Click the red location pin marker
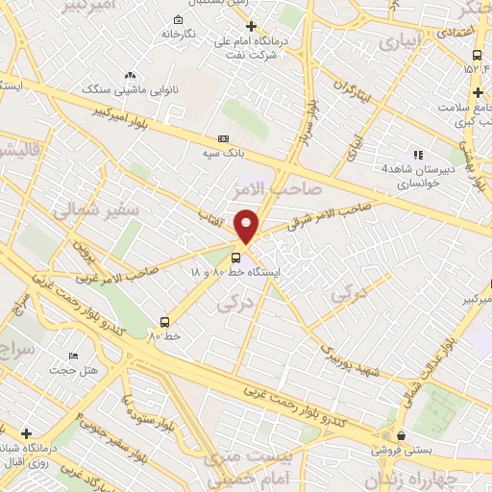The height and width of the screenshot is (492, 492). pos(248,227)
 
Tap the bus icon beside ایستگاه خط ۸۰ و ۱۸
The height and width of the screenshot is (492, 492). pos(235,258)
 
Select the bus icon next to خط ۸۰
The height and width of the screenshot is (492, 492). pos(165,322)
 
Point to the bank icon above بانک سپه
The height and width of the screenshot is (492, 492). pos(223,138)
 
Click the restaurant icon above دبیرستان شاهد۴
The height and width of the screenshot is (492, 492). pos(417,154)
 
